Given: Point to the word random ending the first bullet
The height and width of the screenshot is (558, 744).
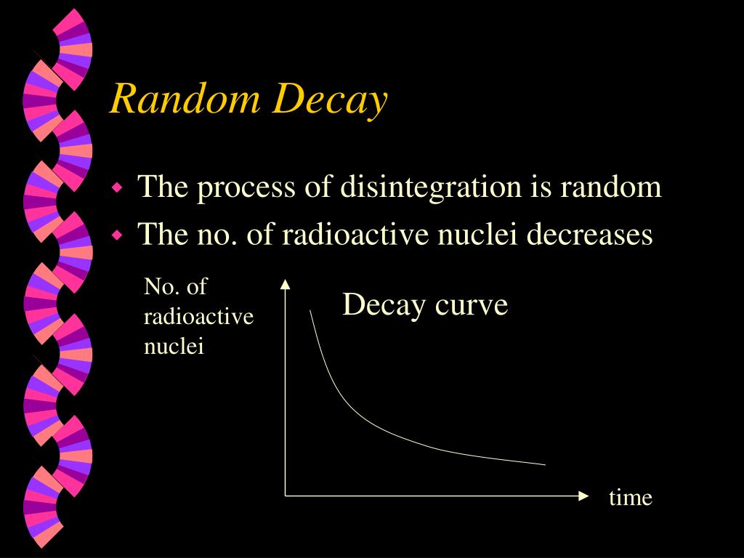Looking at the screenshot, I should click(610, 187).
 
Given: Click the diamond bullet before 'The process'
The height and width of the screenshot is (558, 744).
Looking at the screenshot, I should click(118, 188).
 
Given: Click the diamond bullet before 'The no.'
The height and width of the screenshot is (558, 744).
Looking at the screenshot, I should click(118, 235).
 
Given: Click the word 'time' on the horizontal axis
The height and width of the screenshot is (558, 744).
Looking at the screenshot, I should click(631, 498).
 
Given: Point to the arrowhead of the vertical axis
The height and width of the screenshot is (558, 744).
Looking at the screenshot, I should click(286, 284).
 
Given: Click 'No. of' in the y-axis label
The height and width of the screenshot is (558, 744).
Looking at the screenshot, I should click(175, 287).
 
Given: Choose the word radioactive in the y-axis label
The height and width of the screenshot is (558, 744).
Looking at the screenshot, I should click(198, 317).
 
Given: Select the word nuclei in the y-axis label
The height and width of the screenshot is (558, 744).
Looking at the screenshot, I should click(174, 347).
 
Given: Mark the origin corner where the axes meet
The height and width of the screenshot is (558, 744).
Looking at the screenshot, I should click(286, 496).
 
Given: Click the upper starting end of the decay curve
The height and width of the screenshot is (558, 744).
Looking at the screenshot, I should click(310, 311).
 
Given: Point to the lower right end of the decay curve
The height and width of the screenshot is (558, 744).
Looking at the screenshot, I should click(544, 464).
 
